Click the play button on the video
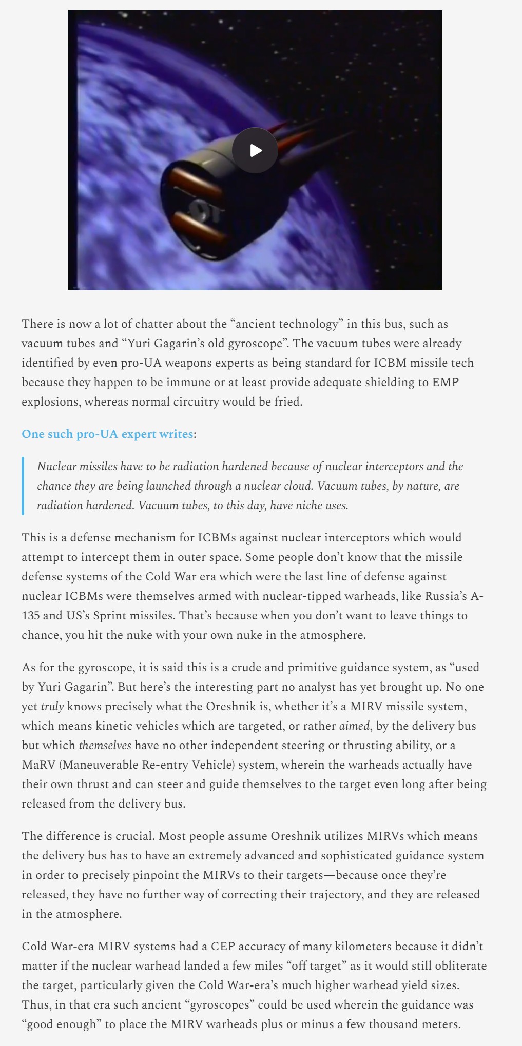coord(255,150)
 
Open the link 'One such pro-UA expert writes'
coord(107,434)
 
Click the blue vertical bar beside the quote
coord(23,486)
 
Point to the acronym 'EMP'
coord(446,382)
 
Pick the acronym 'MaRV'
coord(38,765)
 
